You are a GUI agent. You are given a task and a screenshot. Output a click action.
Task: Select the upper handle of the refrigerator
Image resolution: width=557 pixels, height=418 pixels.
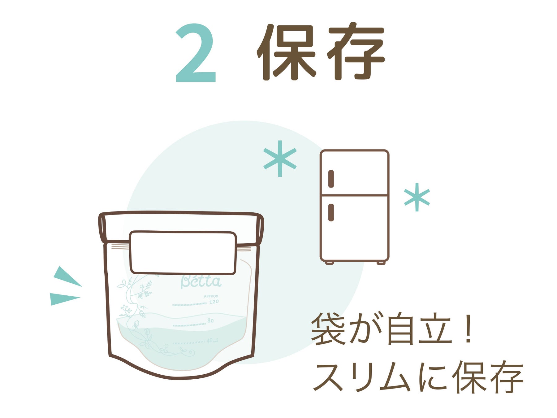tap(331, 179)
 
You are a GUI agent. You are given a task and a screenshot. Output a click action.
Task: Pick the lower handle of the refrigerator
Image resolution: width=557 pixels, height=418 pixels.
tap(331, 212)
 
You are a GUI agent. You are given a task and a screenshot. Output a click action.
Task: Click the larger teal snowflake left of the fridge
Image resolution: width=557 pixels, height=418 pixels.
tap(280, 159)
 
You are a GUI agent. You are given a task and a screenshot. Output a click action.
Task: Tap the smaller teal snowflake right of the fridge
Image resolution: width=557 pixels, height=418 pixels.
tap(417, 197)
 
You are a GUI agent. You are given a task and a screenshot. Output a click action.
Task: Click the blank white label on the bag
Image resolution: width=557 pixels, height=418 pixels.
tap(183, 253)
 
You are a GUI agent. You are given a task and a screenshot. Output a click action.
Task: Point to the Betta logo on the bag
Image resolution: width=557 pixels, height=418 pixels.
tap(201, 281)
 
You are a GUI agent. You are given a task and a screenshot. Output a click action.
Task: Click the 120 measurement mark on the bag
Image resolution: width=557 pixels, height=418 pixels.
tap(214, 302)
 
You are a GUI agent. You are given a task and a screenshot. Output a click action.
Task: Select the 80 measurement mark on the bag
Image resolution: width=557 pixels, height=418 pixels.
tap(210, 320)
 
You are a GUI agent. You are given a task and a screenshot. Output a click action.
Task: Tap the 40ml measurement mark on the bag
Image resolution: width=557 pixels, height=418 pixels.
tap(212, 340)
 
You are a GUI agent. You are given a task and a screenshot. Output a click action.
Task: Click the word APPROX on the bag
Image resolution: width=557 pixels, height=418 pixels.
tap(211, 296)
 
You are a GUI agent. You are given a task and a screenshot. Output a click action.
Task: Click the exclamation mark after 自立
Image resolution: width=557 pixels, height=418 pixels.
tap(469, 328)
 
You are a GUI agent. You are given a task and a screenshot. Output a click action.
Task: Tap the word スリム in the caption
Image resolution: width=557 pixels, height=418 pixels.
tap(362, 377)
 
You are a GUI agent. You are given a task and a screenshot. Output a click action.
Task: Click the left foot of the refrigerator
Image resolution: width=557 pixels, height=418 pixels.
tap(329, 263)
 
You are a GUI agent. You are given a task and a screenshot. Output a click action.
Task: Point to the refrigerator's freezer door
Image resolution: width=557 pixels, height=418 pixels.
tap(355, 172)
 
